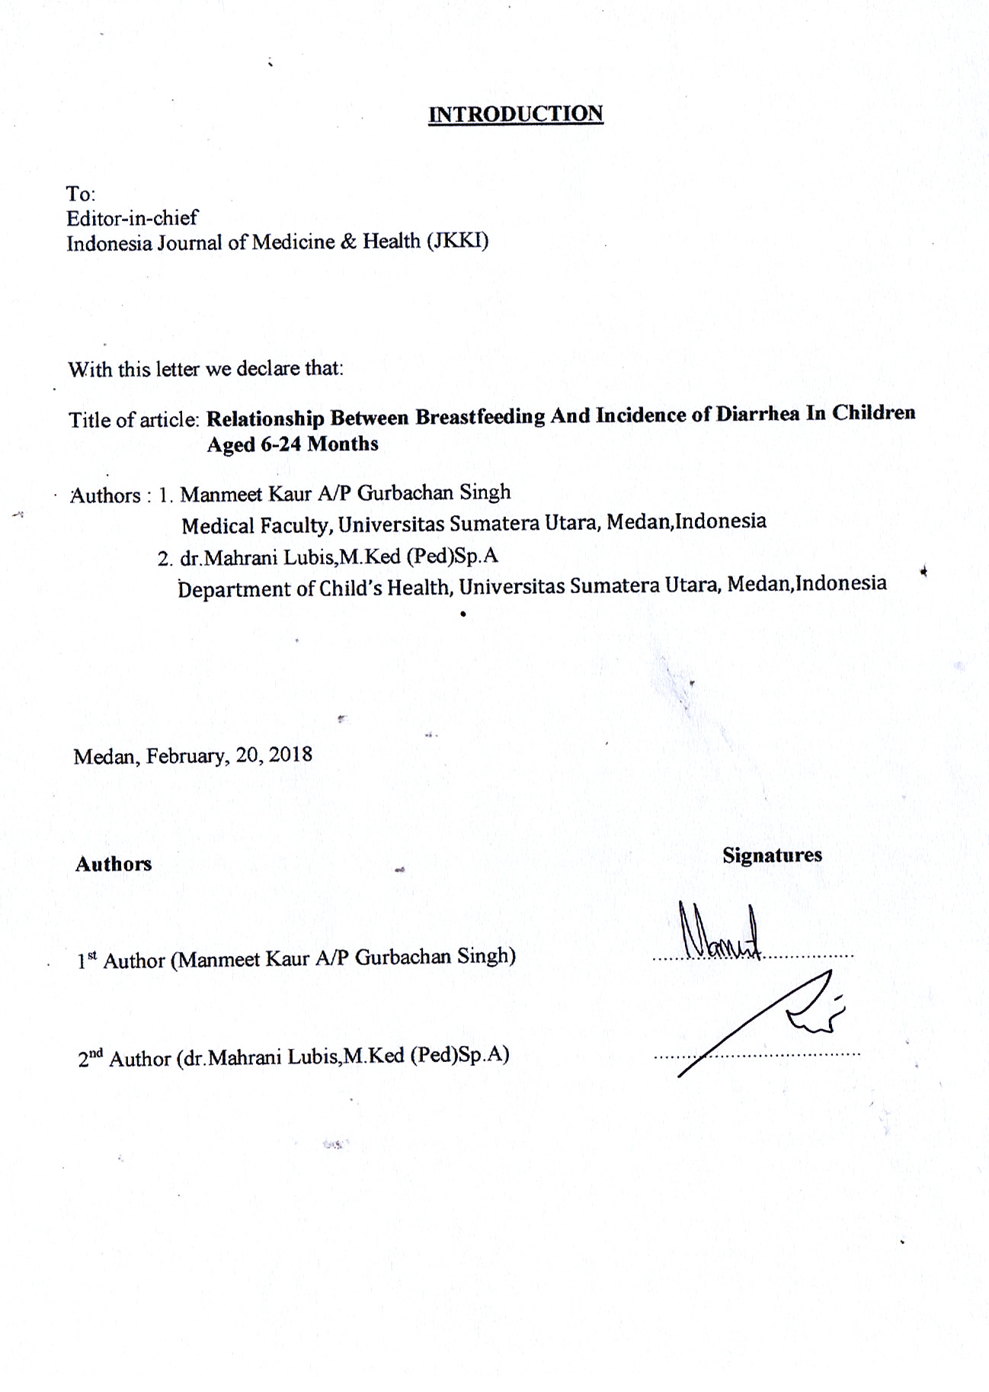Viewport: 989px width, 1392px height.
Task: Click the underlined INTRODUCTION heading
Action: click(515, 114)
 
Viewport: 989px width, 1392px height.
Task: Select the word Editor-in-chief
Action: click(132, 218)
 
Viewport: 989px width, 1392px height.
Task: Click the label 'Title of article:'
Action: click(134, 420)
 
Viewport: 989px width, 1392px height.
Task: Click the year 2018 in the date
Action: click(290, 755)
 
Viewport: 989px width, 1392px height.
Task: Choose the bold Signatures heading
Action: click(772, 855)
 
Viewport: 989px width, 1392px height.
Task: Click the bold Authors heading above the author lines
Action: click(114, 864)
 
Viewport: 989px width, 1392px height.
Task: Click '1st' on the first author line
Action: click(88, 961)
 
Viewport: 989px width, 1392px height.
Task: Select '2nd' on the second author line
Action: click(90, 1059)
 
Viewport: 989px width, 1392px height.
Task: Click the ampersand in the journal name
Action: click(348, 242)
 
